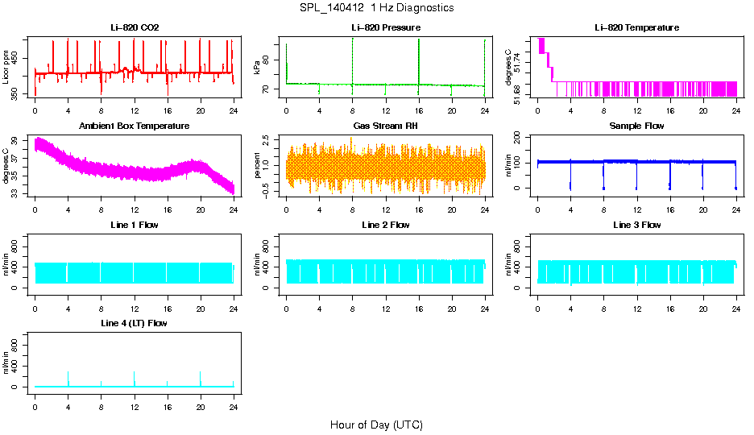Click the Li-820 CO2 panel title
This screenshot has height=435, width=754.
tap(135, 28)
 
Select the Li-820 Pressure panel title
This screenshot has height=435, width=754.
tap(386, 28)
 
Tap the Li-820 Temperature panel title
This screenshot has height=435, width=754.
tap(636, 28)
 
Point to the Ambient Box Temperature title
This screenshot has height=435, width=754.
tap(135, 126)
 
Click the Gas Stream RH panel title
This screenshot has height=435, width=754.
tap(386, 126)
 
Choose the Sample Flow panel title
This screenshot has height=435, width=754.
tap(636, 126)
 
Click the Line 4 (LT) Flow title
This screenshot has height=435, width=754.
tap(135, 323)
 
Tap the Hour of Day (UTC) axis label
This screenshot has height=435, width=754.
tap(376, 425)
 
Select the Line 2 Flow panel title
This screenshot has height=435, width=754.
tap(386, 225)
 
